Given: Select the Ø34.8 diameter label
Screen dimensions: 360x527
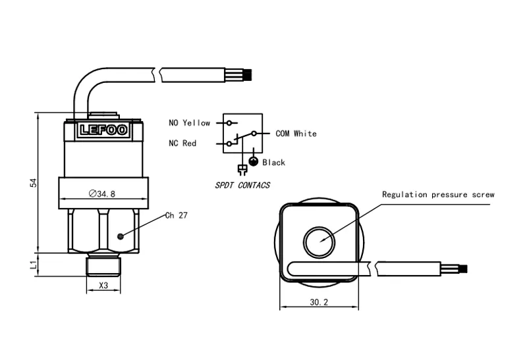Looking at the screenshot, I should coord(101,193).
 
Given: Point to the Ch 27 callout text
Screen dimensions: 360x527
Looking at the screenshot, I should coord(176,215).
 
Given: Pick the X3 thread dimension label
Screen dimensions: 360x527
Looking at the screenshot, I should coord(103,286).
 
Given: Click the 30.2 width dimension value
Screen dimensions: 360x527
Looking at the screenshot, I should coord(318,302).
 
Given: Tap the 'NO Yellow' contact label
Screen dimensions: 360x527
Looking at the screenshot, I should coord(189,123).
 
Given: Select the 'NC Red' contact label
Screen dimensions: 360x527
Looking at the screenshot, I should coord(182,143).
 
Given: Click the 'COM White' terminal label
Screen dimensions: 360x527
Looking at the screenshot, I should coord(296,134).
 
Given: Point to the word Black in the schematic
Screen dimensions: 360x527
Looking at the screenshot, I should coord(273,162).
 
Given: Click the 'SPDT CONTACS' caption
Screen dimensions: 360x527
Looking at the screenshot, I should coord(242,186).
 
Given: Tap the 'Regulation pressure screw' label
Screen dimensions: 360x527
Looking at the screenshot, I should coord(438,195).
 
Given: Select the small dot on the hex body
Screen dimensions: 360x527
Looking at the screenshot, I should coord(119,236).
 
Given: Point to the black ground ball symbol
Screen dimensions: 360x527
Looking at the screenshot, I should coord(252,162).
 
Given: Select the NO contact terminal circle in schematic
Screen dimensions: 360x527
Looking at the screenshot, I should coord(229,123).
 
